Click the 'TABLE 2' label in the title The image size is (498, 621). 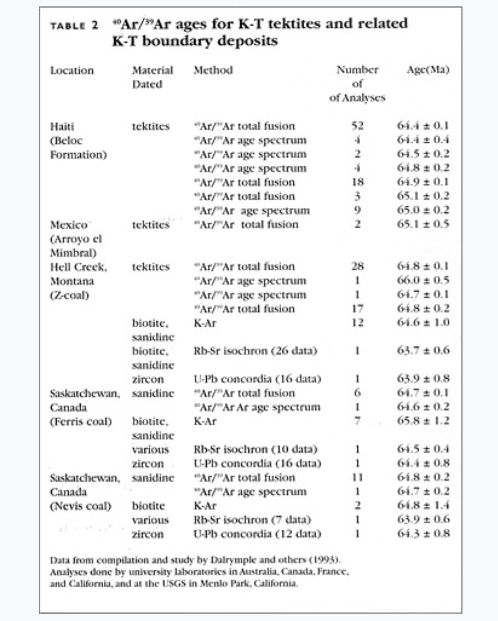74,25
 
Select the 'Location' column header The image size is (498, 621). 72,70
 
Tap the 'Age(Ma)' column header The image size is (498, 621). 427,70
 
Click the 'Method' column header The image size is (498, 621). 213,70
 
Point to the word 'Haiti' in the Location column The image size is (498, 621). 62,126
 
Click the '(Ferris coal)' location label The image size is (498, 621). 81,422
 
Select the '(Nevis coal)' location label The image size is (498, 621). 80,506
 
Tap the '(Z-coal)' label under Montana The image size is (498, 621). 69,295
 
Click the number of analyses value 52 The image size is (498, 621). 357,126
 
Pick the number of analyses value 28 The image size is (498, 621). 357,266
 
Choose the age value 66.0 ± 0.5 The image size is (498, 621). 423,280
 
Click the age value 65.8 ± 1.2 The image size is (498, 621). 423,421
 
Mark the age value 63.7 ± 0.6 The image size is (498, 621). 423,351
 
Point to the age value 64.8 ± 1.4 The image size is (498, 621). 423,505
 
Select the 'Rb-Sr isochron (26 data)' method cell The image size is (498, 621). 255,351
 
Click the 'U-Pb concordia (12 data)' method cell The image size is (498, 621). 257,534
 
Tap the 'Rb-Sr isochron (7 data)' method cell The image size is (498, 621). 252,520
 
